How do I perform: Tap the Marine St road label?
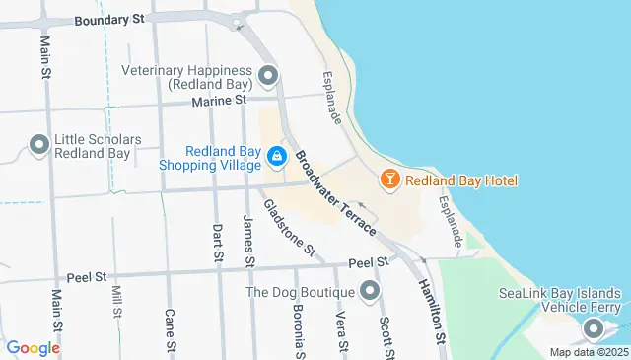click(224, 100)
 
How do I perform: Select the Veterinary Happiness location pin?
click(267, 75)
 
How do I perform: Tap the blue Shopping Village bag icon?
click(278, 157)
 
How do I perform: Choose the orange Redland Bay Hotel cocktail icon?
click(389, 180)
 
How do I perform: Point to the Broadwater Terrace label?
click(335, 192)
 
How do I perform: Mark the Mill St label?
click(117, 300)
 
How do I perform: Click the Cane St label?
click(170, 331)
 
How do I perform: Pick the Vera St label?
click(341, 330)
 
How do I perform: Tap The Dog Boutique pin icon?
click(370, 291)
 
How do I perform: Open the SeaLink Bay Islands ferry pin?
click(594, 330)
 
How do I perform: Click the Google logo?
click(34, 348)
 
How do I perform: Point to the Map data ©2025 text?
click(589, 352)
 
